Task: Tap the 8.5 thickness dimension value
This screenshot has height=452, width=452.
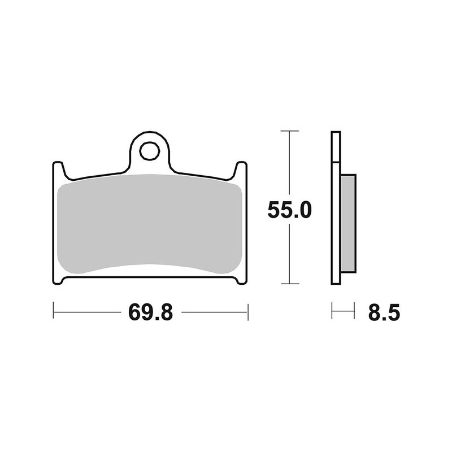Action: coord(384,311)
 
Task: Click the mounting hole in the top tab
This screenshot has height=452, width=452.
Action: coord(150,151)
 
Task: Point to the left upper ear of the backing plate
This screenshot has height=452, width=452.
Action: coord(58,168)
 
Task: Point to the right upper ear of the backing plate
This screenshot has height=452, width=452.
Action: coord(241,168)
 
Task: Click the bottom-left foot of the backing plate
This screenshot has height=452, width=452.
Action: coord(58,279)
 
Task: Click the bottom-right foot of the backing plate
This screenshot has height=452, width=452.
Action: coord(241,279)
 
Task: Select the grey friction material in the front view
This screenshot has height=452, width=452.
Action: coord(150,223)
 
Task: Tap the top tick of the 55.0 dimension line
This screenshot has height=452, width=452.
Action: coord(289,131)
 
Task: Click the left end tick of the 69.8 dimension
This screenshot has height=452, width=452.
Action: coord(53,311)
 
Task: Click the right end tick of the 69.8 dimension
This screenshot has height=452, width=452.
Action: coord(247,311)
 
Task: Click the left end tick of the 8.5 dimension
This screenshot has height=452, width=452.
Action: coord(332,311)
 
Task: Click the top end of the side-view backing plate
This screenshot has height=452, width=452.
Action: coord(336,134)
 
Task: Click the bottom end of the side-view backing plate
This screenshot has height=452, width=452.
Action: coord(336,282)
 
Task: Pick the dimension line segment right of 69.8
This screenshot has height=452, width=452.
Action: coord(215,311)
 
